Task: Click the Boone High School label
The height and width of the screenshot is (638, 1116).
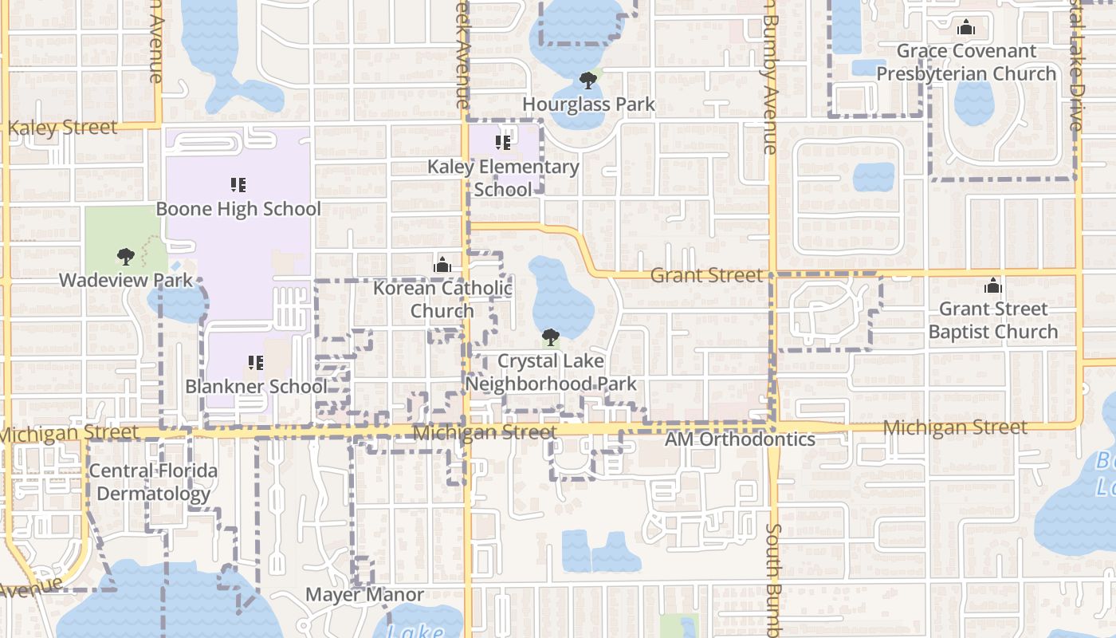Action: pyautogui.click(x=238, y=209)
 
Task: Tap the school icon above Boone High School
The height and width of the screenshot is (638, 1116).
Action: pyautogui.click(x=238, y=185)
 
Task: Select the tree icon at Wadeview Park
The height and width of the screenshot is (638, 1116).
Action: pyautogui.click(x=125, y=256)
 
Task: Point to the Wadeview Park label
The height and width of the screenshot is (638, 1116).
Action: pyautogui.click(x=126, y=280)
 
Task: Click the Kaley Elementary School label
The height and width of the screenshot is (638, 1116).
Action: pyautogui.click(x=503, y=178)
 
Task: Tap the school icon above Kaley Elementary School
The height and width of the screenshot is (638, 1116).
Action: pyautogui.click(x=502, y=143)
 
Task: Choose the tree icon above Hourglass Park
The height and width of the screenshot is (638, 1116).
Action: pyautogui.click(x=588, y=80)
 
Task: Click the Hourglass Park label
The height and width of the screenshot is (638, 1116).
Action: pyautogui.click(x=588, y=104)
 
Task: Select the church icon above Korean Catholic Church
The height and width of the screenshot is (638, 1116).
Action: pyautogui.click(x=442, y=264)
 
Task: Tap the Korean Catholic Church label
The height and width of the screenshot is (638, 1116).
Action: pyautogui.click(x=442, y=299)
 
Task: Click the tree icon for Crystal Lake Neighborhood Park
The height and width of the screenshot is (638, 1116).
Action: pyautogui.click(x=550, y=337)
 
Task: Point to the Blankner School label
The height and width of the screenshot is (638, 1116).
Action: pyautogui.click(x=256, y=387)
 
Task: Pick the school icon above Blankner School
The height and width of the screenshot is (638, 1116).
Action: pyautogui.click(x=255, y=363)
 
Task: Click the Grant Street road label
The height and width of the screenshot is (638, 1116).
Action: pyautogui.click(x=706, y=275)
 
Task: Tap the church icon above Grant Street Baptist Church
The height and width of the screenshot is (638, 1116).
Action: pyautogui.click(x=992, y=285)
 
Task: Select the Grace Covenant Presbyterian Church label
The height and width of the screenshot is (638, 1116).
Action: pyautogui.click(x=966, y=62)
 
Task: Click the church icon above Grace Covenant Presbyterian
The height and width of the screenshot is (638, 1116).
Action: pyautogui.click(x=966, y=28)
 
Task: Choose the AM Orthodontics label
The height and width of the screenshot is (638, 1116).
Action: pyautogui.click(x=740, y=439)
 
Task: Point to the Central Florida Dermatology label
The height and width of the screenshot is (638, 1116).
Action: pyautogui.click(x=152, y=482)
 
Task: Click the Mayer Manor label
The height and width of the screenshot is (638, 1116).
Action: pyautogui.click(x=365, y=595)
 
